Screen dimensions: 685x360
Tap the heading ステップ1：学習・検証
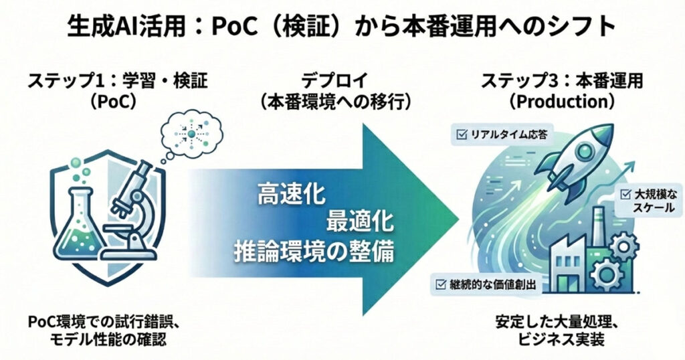coord(118,81)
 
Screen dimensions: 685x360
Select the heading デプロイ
coord(335,81)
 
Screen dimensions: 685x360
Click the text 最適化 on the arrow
coord(360,221)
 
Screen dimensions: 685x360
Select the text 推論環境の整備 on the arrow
coord(314,252)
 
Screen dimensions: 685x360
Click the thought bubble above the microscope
coord(191,134)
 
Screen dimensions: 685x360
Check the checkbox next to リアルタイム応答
coord(462,135)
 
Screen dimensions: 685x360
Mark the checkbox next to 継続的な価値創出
coord(442,285)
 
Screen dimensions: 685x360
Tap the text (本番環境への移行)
coord(335,102)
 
